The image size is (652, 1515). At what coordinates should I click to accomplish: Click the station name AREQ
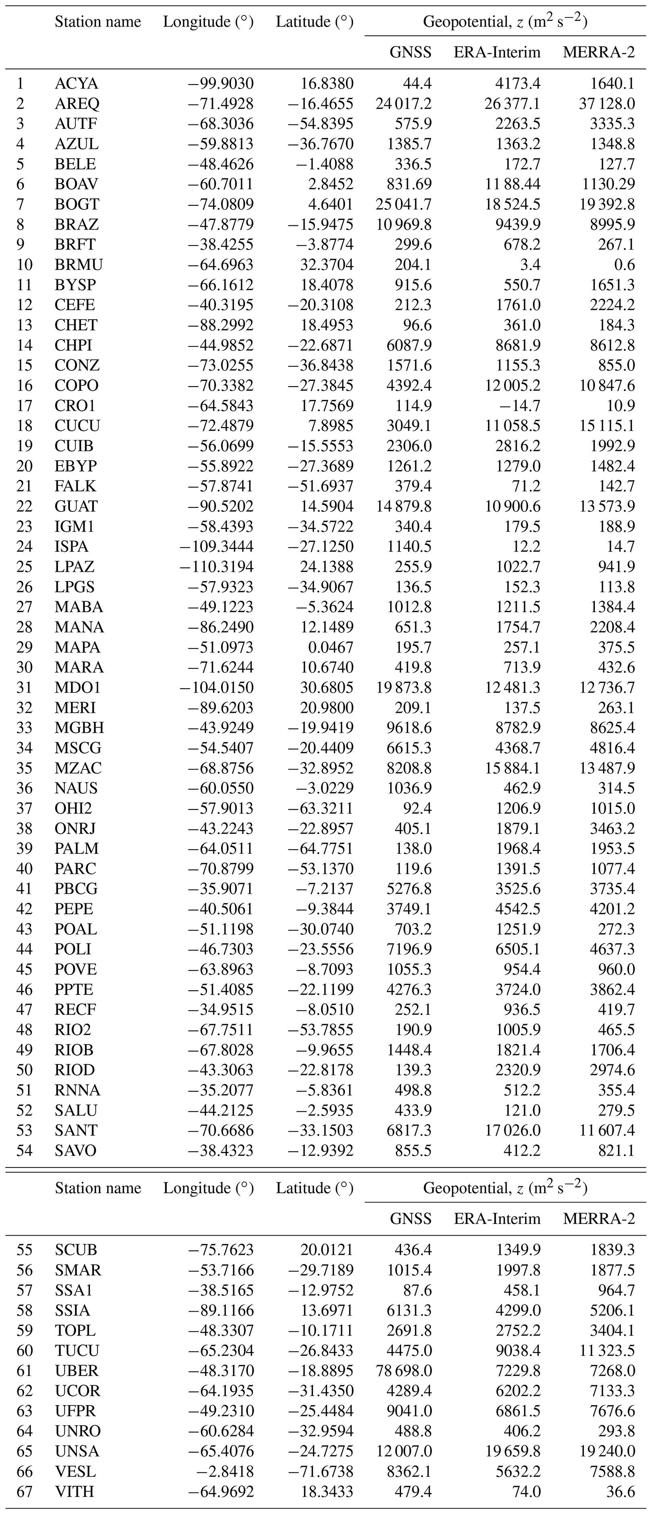tap(77, 103)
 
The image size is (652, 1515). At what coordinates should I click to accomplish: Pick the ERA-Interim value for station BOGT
tap(509, 204)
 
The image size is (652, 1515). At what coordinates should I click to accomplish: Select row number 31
tap(24, 687)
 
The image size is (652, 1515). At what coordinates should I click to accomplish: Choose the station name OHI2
tap(73, 808)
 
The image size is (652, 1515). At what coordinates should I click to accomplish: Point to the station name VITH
tap(75, 1492)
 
